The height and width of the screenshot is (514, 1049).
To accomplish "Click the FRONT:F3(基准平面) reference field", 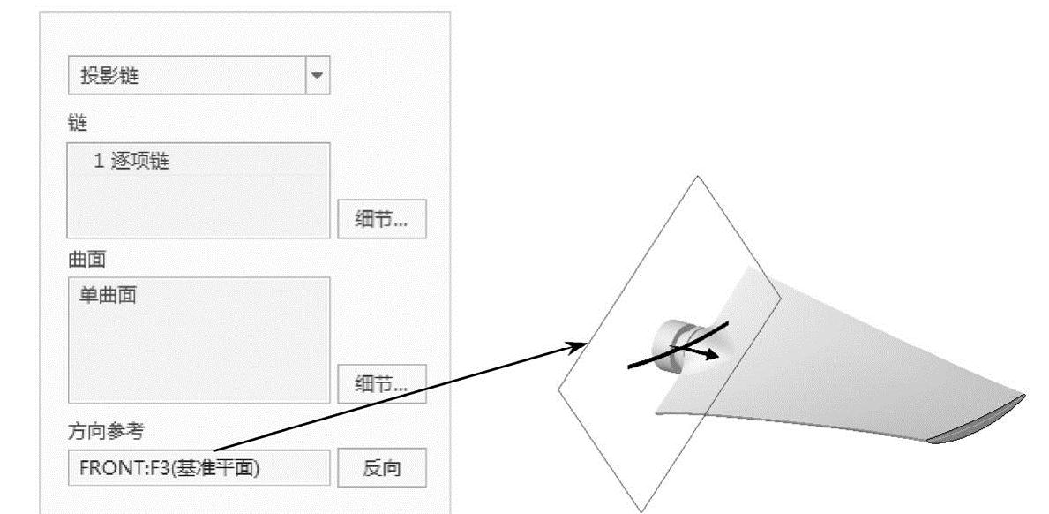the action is (x=198, y=468).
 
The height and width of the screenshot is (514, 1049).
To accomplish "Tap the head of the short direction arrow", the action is (x=714, y=355).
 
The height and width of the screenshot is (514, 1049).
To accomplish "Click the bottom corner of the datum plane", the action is (x=642, y=510).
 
